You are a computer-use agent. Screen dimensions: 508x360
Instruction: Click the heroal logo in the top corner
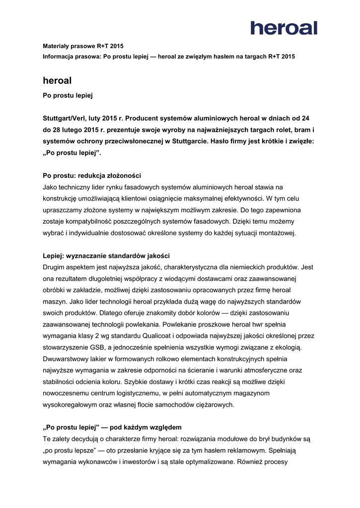(x=284, y=28)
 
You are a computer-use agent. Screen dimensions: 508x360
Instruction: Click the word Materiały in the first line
(x=56, y=46)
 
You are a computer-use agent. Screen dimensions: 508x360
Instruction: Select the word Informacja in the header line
(x=58, y=57)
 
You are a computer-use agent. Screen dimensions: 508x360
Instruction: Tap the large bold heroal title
(x=57, y=80)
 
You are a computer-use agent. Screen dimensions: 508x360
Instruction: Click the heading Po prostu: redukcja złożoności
(x=92, y=176)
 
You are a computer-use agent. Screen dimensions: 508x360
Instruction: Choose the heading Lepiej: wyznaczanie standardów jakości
(x=106, y=255)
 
